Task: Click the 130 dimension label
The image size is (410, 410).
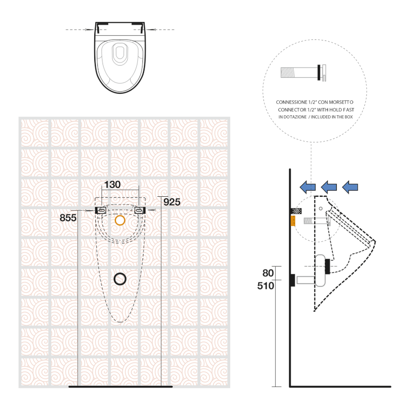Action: (x=112, y=184)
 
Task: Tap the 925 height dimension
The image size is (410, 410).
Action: (x=172, y=202)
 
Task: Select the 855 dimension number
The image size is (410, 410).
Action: (x=68, y=217)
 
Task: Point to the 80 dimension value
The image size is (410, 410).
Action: (x=268, y=273)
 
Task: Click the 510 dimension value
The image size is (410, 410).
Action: (x=265, y=286)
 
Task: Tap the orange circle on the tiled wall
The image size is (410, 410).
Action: (x=120, y=220)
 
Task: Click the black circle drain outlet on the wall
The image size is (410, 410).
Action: (x=120, y=279)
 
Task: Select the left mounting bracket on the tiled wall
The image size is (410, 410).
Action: (x=100, y=210)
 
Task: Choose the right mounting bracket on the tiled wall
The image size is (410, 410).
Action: (x=140, y=210)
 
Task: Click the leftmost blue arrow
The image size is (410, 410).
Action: (x=307, y=187)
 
